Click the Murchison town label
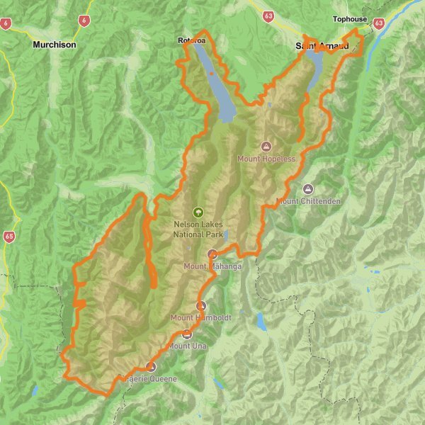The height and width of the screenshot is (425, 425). pos(54,44)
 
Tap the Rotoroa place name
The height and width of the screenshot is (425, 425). pos(191,41)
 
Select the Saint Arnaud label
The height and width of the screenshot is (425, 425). pos(322,46)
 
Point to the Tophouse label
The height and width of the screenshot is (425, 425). pos(351,21)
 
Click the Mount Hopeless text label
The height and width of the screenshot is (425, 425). pos(266,159)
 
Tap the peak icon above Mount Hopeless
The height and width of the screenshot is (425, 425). pos(266,147)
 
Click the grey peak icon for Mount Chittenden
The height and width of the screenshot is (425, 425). pos(308,189)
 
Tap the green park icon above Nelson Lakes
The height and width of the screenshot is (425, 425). pos(198,211)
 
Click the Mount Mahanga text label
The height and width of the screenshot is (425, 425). pos(213,266)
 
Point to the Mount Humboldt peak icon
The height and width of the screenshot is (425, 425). pos(201,306)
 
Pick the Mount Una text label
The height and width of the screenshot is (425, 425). pos(187,346)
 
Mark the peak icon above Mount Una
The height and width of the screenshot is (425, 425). pos(187,334)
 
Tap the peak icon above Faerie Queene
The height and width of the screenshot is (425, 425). pos(150,367)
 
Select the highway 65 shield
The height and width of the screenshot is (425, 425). pos(8,236)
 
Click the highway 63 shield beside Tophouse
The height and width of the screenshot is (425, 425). pos(379,23)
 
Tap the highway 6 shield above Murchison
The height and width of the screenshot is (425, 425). pos(85,21)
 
